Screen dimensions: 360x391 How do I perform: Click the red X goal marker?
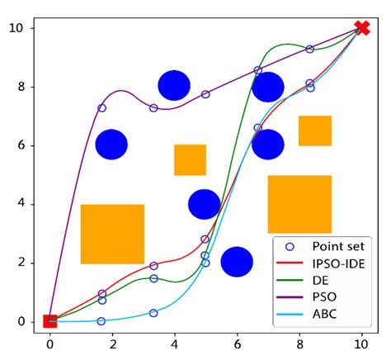(x=361, y=28)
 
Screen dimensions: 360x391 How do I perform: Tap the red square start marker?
(x=49, y=321)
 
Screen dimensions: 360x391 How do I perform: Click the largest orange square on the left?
(x=112, y=234)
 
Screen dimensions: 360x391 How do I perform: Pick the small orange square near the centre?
(x=190, y=159)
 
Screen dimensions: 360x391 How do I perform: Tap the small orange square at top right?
(x=314, y=130)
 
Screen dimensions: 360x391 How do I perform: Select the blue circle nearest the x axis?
(x=237, y=262)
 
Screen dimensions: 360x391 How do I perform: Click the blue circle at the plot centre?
(x=205, y=204)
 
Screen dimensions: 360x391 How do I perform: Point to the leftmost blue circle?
(x=111, y=144)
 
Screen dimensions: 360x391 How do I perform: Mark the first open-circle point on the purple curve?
(x=102, y=108)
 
